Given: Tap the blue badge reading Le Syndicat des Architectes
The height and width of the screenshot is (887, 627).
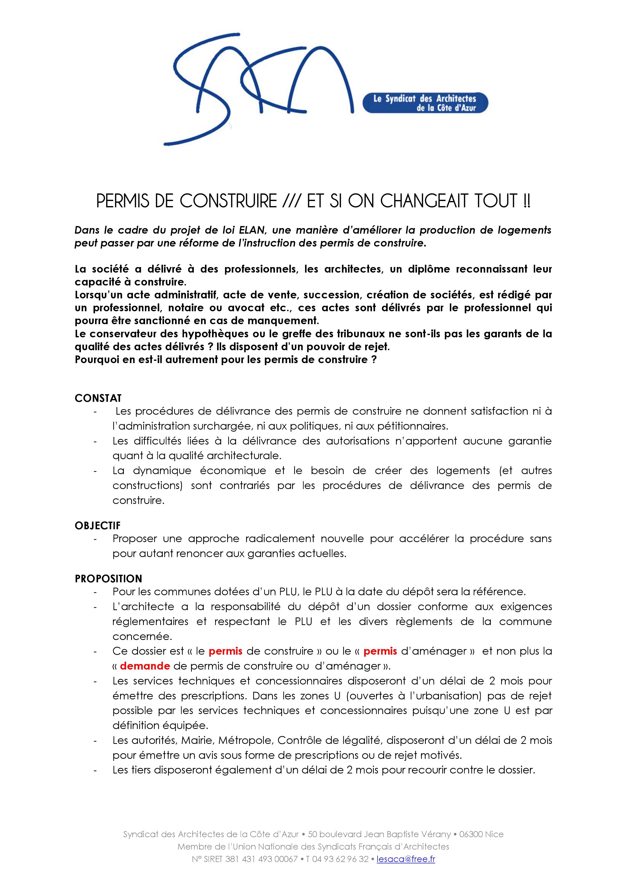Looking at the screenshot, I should [x=425, y=103].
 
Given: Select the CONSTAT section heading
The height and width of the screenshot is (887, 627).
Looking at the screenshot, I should [x=98, y=398].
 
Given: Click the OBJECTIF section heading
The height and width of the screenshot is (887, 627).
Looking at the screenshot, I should [x=98, y=525].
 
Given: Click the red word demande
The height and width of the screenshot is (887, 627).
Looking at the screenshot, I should [x=145, y=666].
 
